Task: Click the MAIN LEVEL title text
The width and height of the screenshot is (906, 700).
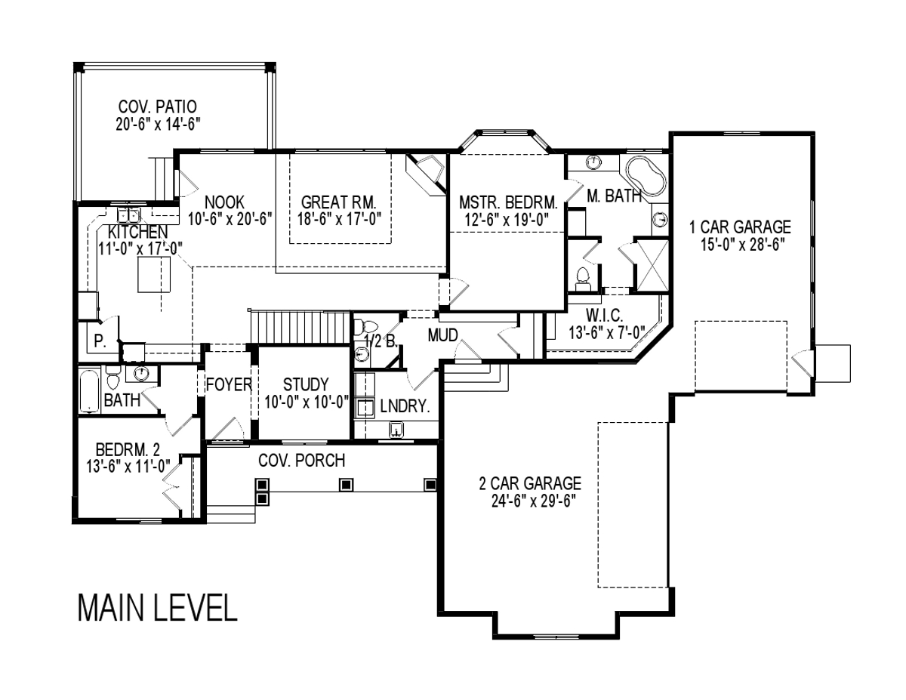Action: coord(158,609)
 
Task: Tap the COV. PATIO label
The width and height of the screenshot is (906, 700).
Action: coord(157,106)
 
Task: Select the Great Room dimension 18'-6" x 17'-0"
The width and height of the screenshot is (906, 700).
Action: coord(339,219)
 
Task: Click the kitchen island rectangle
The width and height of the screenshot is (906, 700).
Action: coord(154,274)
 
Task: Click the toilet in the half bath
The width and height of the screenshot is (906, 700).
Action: coord(365,326)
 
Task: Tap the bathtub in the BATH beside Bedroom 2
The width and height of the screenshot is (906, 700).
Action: coord(90,390)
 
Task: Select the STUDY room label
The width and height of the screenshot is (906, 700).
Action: coord(306,384)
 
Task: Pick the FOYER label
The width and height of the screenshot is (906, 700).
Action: coord(229,384)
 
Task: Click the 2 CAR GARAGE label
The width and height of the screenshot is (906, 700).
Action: coord(530,483)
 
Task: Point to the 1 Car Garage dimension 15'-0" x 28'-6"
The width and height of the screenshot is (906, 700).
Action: coord(740,245)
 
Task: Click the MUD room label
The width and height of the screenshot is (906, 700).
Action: coord(442,335)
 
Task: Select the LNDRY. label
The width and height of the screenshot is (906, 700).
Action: coord(405,406)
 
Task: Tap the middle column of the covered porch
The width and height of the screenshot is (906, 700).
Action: coord(346,485)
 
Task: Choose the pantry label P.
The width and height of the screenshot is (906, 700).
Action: coord(99,341)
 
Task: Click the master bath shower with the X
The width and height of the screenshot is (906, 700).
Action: coord(652,265)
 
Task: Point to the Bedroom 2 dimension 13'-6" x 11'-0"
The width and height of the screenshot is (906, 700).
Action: coord(128,466)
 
